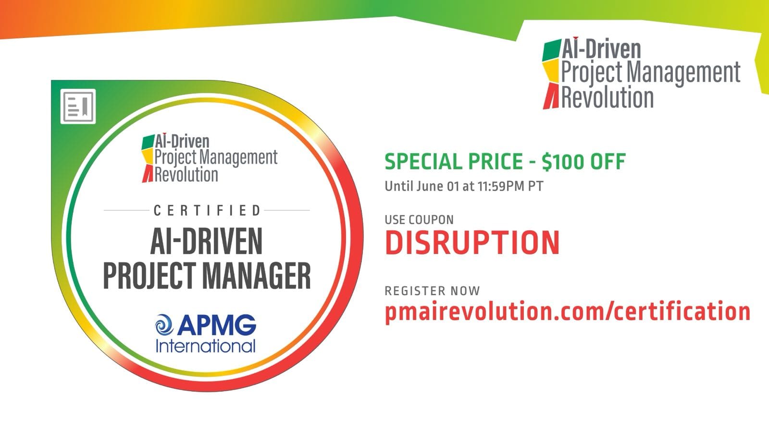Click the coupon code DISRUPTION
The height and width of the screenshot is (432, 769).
pyautogui.click(x=472, y=243)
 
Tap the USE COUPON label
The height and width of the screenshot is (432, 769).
pyautogui.click(x=419, y=220)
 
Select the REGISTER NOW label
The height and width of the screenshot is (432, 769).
pyautogui.click(x=432, y=291)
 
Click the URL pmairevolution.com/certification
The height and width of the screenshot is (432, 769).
pyautogui.click(x=567, y=312)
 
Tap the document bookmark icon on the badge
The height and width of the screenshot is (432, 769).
pyautogui.click(x=78, y=106)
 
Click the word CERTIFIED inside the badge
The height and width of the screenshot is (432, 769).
pyautogui.click(x=207, y=211)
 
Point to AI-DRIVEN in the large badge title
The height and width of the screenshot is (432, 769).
pyautogui.click(x=207, y=242)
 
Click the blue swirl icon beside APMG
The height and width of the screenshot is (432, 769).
pyautogui.click(x=164, y=325)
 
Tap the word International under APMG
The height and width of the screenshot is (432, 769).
pyautogui.click(x=205, y=346)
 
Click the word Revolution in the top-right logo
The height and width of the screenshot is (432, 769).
pyautogui.click(x=608, y=97)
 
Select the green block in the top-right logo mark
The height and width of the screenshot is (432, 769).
pyautogui.click(x=552, y=51)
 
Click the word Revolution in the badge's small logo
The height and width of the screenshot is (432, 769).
pyautogui.click(x=186, y=175)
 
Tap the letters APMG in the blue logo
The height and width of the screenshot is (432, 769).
pyautogui.click(x=216, y=325)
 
